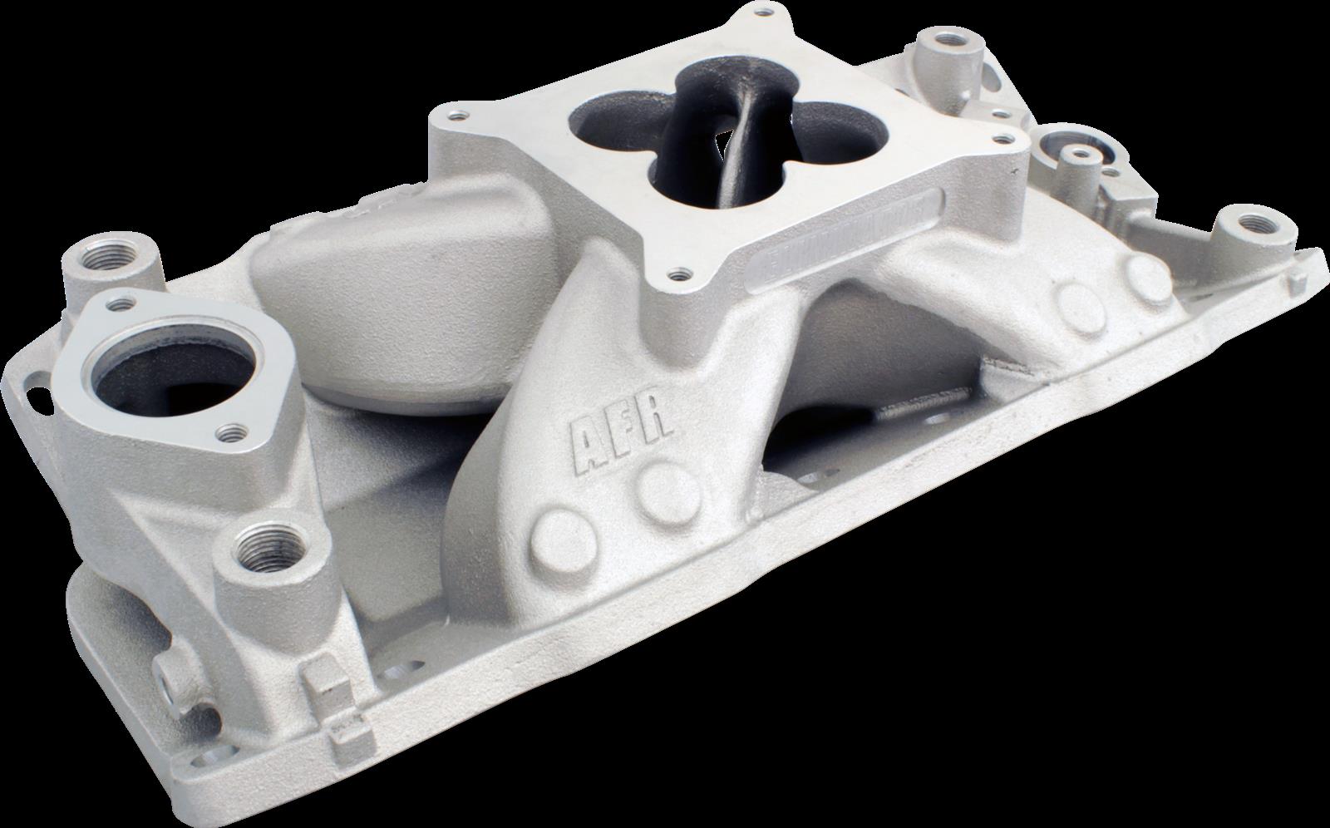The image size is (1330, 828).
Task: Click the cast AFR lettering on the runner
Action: click(619, 433)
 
